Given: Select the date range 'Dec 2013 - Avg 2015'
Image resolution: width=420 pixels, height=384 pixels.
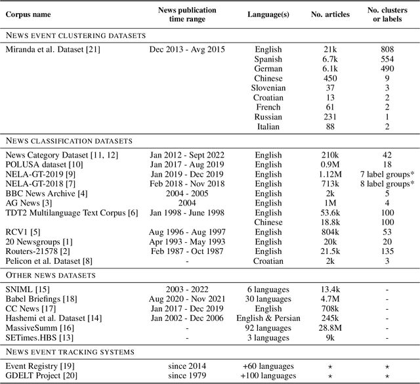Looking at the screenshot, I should [x=183, y=50].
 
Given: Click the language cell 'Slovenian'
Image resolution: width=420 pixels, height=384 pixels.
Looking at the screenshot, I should [x=268, y=88].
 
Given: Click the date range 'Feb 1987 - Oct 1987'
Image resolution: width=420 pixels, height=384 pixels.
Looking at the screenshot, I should [x=183, y=251].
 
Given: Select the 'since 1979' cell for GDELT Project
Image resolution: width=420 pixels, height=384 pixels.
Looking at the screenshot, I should [x=183, y=375].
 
